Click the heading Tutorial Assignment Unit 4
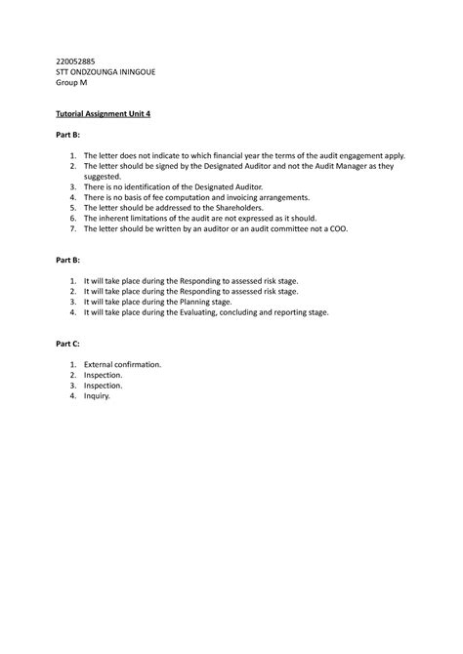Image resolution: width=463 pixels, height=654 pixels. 103,114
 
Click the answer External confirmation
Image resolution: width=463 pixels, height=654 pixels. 122,364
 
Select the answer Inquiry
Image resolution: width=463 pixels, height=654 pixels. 97,396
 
